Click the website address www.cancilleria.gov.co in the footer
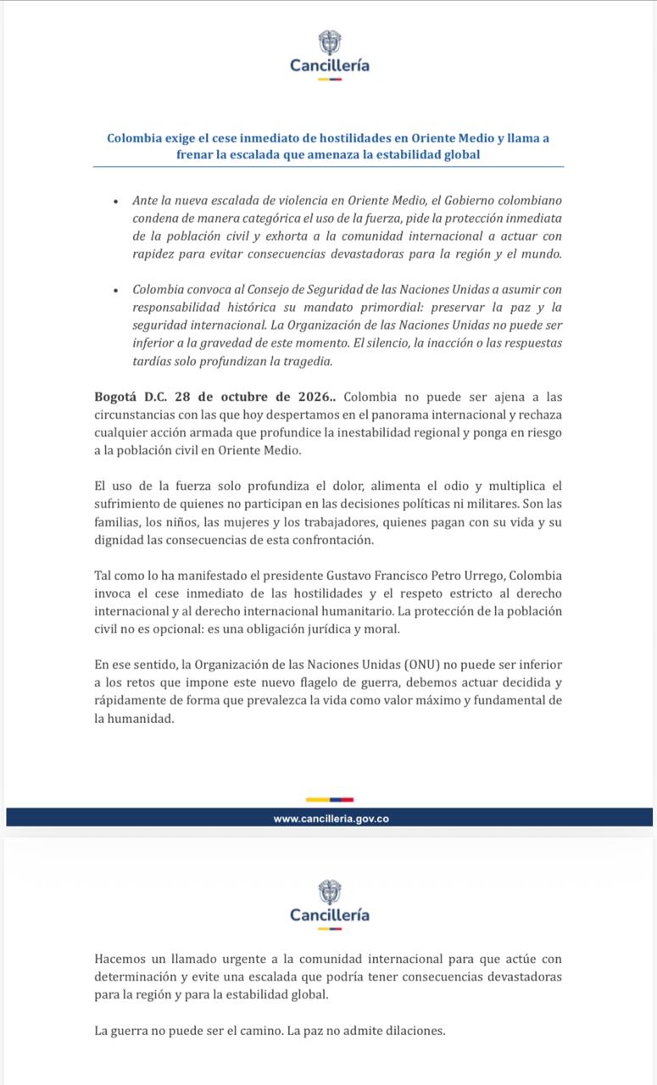pyautogui.click(x=331, y=819)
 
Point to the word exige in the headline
pyautogui.click(x=185, y=137)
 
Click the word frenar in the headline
pyautogui.click(x=196, y=154)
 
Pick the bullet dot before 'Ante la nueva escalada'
pyautogui.click(x=114, y=201)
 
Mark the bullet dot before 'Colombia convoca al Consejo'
pyautogui.click(x=114, y=290)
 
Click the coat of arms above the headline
pyautogui.click(x=329, y=42)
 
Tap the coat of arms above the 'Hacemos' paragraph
pyautogui.click(x=329, y=893)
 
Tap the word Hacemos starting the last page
pyautogui.click(x=121, y=960)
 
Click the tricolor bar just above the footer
pyautogui.click(x=329, y=799)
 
